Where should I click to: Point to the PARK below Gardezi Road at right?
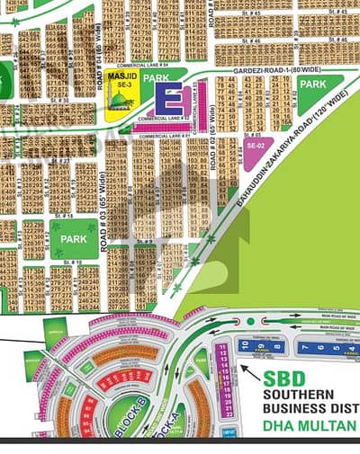pos(312,84)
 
